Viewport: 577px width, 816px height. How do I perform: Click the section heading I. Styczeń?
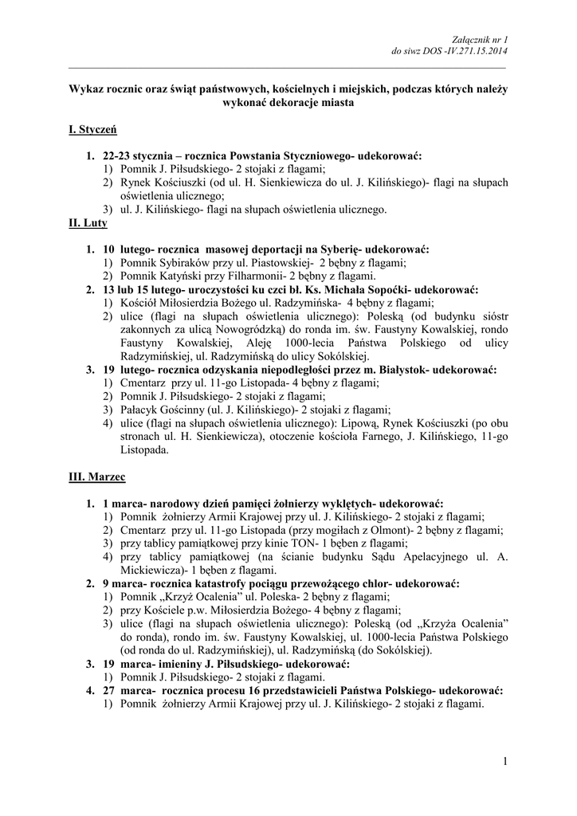[93, 128]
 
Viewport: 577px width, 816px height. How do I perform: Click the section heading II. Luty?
[87, 224]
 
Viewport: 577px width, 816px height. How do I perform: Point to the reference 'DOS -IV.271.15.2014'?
[467, 52]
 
